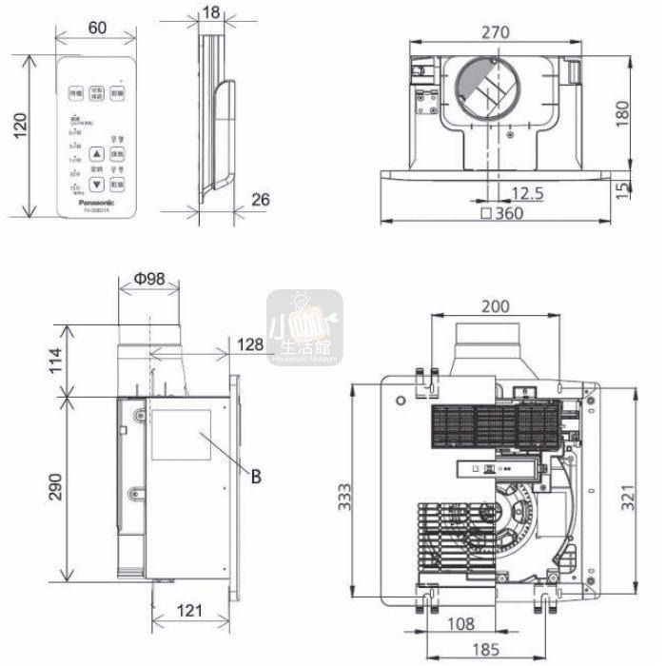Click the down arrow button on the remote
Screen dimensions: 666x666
96,183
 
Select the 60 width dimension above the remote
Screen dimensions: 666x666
96,29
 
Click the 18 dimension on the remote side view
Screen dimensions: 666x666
211,11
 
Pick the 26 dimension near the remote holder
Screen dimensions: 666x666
262,199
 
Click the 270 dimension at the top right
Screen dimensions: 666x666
494,31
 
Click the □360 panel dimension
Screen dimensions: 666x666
503,213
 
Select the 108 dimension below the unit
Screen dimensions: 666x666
462,626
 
